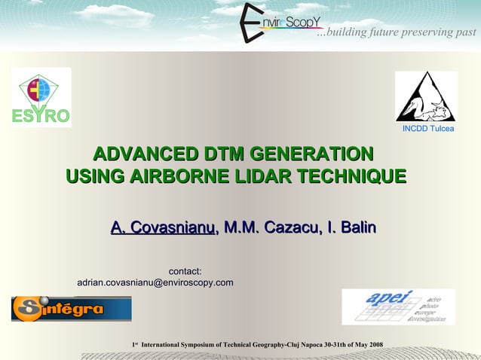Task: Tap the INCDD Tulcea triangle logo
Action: coord(426,97)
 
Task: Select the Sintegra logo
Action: coord(71,308)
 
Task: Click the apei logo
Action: coord(397,307)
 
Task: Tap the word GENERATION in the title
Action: coord(314,155)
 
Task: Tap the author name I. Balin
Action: coord(351,227)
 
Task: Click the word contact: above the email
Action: coord(184,271)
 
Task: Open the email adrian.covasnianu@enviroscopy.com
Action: coord(155,282)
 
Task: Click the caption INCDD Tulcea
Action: coord(427,130)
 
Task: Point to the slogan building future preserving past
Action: coord(397,32)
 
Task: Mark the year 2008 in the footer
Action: coord(375,345)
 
